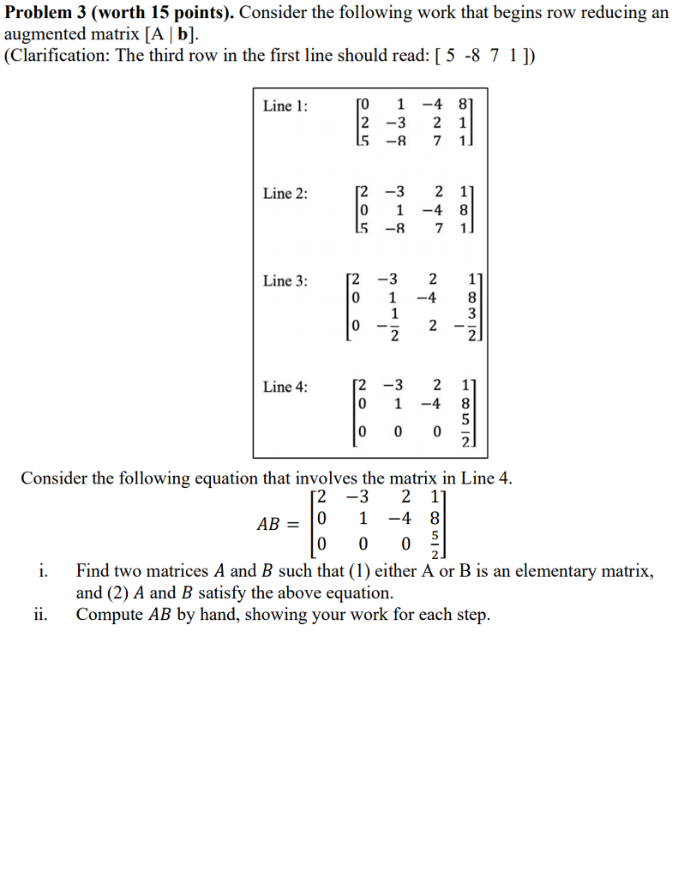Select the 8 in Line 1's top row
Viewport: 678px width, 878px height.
tap(465, 106)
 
